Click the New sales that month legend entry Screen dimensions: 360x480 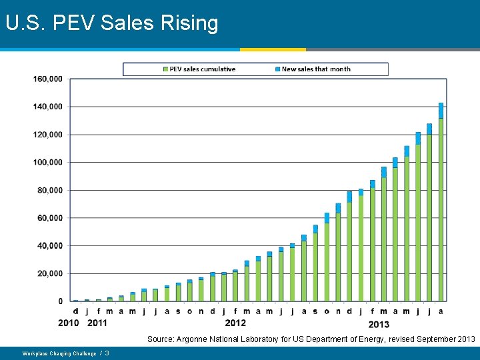pyautogui.click(x=316, y=69)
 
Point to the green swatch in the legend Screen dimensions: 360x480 pyautogui.click(x=165, y=69)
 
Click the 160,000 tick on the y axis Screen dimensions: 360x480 pyautogui.click(x=48, y=79)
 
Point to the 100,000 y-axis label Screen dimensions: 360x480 pyautogui.click(x=48, y=162)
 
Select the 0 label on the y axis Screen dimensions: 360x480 pyautogui.click(x=61, y=301)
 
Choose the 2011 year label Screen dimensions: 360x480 pyautogui.click(x=98, y=323)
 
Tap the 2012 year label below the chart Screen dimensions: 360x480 pyautogui.click(x=235, y=323)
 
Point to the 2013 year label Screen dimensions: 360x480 pyautogui.click(x=379, y=324)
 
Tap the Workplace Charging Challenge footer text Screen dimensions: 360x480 pyautogui.click(x=59, y=353)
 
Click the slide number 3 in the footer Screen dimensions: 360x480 pyautogui.click(x=107, y=353)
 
